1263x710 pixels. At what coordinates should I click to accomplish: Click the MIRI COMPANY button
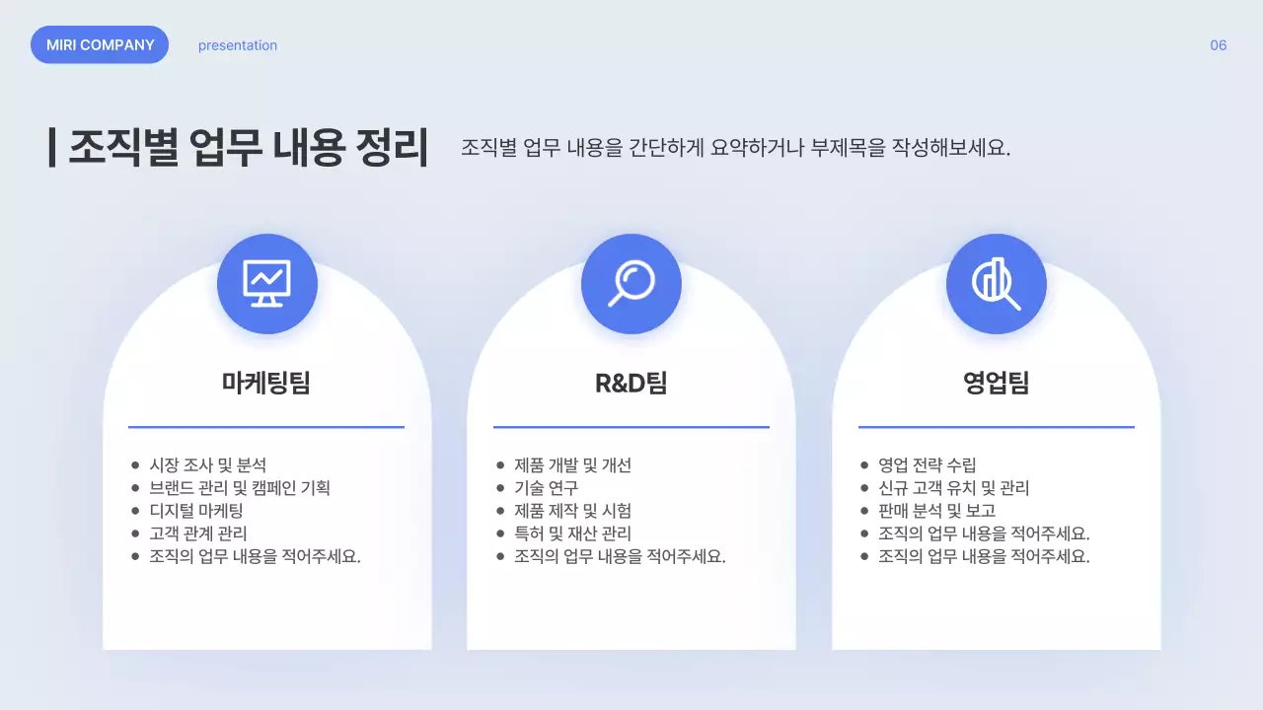click(x=100, y=45)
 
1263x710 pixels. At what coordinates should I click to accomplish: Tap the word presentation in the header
click(x=238, y=45)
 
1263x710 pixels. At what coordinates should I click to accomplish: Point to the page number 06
click(x=1219, y=45)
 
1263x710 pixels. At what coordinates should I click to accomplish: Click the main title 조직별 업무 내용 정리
click(x=249, y=148)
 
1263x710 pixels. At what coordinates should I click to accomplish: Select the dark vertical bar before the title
click(x=51, y=147)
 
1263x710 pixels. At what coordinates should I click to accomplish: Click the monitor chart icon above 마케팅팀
click(x=267, y=284)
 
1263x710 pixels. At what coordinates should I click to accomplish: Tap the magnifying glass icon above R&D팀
click(x=631, y=284)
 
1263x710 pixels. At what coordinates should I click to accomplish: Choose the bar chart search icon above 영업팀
click(x=997, y=284)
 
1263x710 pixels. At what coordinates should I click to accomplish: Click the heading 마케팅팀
click(x=266, y=383)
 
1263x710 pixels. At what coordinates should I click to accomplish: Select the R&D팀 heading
click(x=631, y=383)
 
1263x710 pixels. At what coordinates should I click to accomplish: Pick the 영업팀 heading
click(x=997, y=383)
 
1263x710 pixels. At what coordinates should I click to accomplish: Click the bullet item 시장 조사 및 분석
click(x=207, y=465)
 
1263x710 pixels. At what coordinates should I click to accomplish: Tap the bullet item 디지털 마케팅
click(x=195, y=511)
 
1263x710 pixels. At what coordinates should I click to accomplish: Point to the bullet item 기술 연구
click(x=546, y=488)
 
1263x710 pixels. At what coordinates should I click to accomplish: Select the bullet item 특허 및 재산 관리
click(x=572, y=533)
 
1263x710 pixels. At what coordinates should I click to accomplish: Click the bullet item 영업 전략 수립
click(x=928, y=465)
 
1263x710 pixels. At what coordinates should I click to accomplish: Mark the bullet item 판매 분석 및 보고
click(x=937, y=511)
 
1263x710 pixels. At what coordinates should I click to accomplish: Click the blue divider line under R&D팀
click(x=631, y=427)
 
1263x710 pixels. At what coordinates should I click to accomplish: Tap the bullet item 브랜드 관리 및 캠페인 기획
click(x=240, y=488)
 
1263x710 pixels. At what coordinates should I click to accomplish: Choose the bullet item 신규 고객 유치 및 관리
click(x=954, y=488)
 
